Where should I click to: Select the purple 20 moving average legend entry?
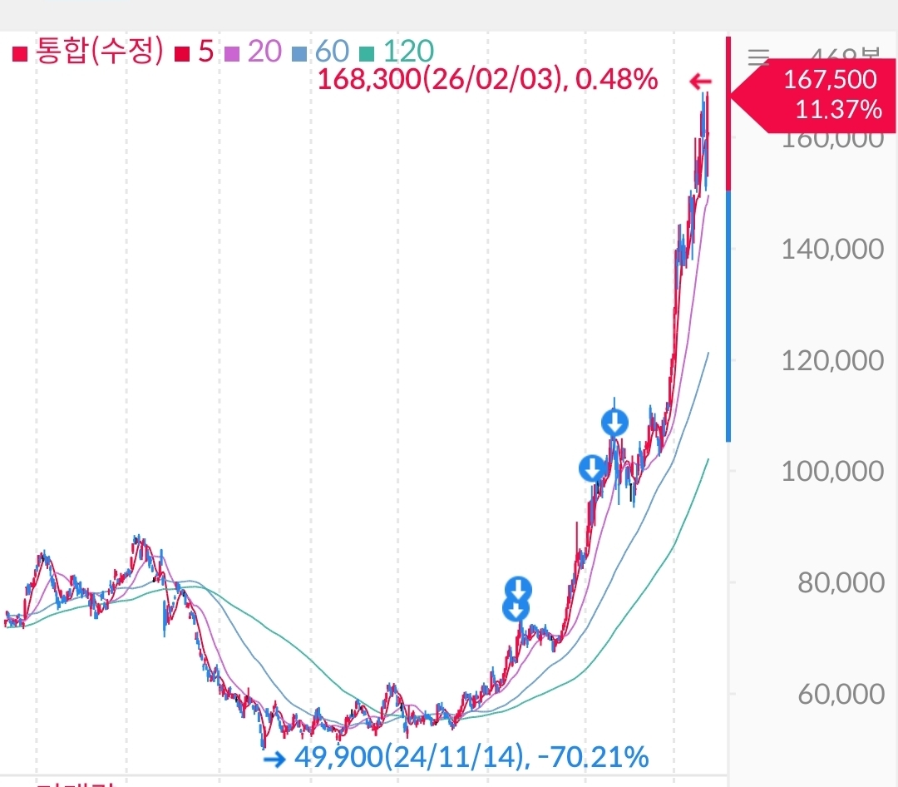(x=255, y=52)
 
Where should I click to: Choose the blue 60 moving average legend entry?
(x=322, y=52)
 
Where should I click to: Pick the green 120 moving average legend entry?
(x=397, y=52)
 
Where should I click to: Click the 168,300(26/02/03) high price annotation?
(x=488, y=81)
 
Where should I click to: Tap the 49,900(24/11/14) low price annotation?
(x=471, y=757)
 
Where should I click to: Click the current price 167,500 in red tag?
(x=830, y=80)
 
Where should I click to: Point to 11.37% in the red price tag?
(x=837, y=109)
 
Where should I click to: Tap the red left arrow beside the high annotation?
(x=701, y=82)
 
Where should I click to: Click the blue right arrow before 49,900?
(x=274, y=758)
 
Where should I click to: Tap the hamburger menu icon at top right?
(x=758, y=57)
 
